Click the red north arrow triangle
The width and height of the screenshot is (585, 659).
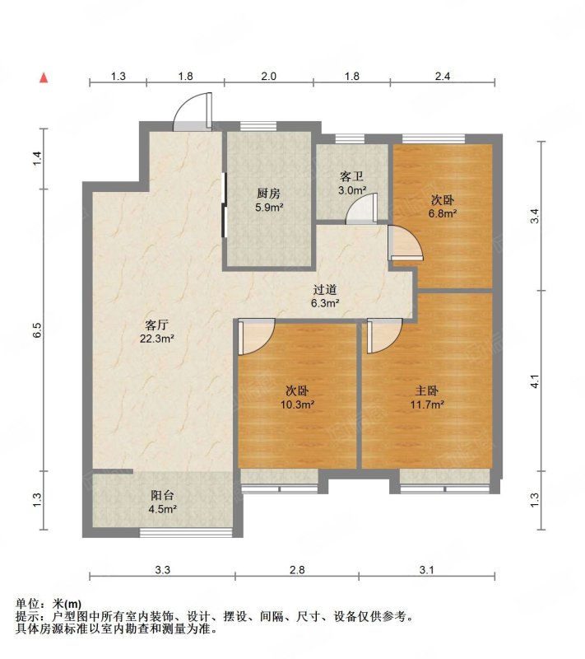click(44, 77)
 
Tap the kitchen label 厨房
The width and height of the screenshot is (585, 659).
click(268, 194)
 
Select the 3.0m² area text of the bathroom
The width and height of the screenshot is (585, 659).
click(352, 190)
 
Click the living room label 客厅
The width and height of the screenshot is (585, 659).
click(156, 325)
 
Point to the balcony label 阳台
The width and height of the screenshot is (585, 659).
click(162, 496)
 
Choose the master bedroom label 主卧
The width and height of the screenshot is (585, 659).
click(427, 390)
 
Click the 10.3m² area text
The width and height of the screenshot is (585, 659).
click(298, 404)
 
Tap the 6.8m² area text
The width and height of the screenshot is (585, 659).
click(443, 213)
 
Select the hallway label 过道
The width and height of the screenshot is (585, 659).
click(325, 290)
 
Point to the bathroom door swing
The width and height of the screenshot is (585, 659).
click(361, 208)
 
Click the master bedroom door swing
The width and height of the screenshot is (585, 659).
click(385, 336)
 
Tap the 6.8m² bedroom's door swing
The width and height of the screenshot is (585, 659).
click(406, 243)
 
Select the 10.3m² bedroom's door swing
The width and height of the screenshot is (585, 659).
click(257, 337)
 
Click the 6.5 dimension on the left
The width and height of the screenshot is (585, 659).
click(37, 330)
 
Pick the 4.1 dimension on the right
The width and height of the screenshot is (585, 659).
click(534, 381)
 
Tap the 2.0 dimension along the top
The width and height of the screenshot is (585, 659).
click(268, 76)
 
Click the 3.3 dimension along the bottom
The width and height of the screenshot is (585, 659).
click(162, 570)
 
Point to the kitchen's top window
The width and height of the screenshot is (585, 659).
click(258, 126)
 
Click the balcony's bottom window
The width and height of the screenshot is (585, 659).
click(186, 532)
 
